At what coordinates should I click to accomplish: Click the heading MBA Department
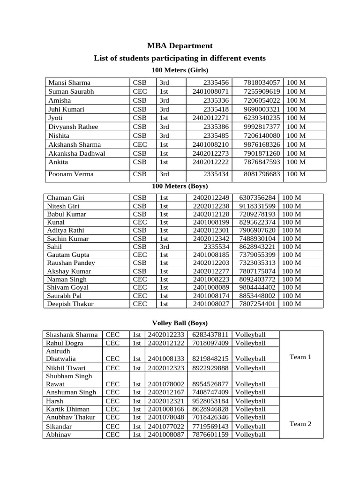point(180,45)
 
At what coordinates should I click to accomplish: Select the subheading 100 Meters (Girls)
point(180,70)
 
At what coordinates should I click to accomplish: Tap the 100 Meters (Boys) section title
point(180,186)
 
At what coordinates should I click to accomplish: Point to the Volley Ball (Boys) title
point(180,323)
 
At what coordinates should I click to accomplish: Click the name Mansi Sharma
point(69,82)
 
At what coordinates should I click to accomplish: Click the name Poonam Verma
point(71,174)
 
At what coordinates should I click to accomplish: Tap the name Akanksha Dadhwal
point(76,153)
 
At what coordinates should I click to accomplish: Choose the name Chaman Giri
point(66,198)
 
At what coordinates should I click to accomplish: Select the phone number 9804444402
point(257,287)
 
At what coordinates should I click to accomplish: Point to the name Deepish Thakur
point(70,304)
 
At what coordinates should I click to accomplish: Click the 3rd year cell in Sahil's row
point(165,247)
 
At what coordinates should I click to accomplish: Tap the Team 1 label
point(300,357)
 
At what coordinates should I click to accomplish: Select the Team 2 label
point(300,424)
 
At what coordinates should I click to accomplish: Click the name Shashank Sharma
point(72,335)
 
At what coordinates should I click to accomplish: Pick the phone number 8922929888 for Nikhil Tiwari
point(210,368)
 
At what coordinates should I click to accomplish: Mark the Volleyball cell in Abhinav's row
point(250,435)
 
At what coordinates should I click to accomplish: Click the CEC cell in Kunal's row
point(140,222)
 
